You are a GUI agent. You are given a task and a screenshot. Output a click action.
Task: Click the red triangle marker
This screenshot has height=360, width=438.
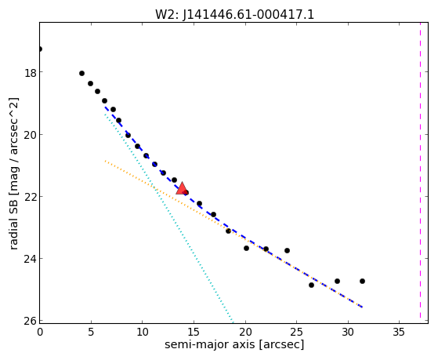pos(182,188)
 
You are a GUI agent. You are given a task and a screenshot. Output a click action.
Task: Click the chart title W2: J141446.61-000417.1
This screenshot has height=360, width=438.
pos(234,14)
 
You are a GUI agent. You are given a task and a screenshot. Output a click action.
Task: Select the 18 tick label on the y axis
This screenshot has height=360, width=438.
pos(31,73)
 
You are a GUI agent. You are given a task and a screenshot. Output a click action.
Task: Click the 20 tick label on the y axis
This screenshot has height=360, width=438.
pos(31,135)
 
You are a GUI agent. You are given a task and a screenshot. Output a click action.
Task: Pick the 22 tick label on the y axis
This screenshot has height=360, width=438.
pos(31,196)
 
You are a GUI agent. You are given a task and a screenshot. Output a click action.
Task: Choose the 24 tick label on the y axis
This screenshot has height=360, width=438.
pos(31,259)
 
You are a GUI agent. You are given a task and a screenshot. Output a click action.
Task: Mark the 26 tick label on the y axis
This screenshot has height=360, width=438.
pos(31,321)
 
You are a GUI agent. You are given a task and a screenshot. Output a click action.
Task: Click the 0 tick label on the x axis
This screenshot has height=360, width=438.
pos(40,332)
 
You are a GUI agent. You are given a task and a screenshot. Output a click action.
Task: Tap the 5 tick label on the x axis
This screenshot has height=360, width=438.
pos(91,332)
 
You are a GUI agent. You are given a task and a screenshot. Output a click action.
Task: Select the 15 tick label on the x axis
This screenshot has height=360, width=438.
pos(194,332)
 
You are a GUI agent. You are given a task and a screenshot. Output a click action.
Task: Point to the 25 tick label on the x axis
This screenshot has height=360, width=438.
pos(296,332)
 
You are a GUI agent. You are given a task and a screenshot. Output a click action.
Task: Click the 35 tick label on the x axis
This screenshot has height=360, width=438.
pos(399,332)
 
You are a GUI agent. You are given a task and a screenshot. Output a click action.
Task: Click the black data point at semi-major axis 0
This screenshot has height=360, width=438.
pos(40,49)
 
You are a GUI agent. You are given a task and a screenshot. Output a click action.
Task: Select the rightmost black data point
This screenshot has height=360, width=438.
pos(362,281)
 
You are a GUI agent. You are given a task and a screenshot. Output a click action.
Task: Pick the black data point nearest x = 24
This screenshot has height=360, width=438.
pos(287,251)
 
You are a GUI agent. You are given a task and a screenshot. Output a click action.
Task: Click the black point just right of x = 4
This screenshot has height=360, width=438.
pos(81,74)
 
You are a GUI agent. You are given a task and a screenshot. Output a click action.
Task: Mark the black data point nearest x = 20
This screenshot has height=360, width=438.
pos(246,249)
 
